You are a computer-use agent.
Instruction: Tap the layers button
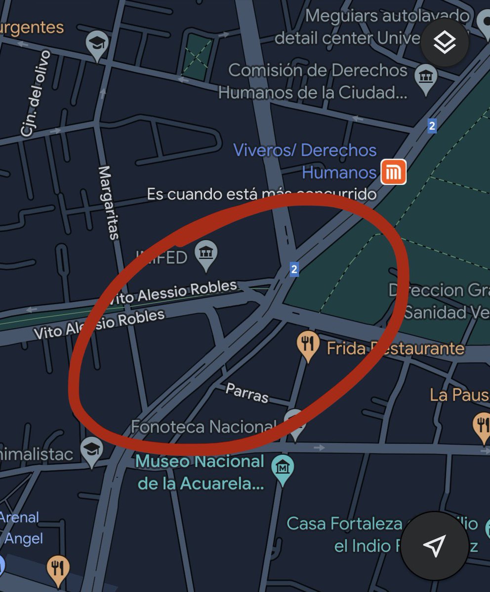click(x=445, y=43)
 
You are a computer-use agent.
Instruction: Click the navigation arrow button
click(x=434, y=546)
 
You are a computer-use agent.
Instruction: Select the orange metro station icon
click(x=394, y=172)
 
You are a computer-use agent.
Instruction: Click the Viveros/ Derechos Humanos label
click(x=305, y=161)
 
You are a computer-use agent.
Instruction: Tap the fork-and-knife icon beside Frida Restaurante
click(x=308, y=344)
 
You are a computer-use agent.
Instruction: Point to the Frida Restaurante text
click(x=395, y=349)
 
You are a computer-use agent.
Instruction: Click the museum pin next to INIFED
click(x=206, y=254)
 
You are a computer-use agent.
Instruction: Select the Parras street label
click(x=247, y=392)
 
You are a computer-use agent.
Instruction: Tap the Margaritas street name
click(x=109, y=202)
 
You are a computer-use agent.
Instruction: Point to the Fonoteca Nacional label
click(x=203, y=427)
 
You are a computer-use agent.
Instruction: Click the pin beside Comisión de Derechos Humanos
click(x=425, y=78)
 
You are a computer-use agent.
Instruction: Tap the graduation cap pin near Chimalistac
click(x=92, y=450)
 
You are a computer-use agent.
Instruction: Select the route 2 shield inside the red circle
click(x=294, y=269)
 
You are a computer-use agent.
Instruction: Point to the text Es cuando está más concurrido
click(x=261, y=194)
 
